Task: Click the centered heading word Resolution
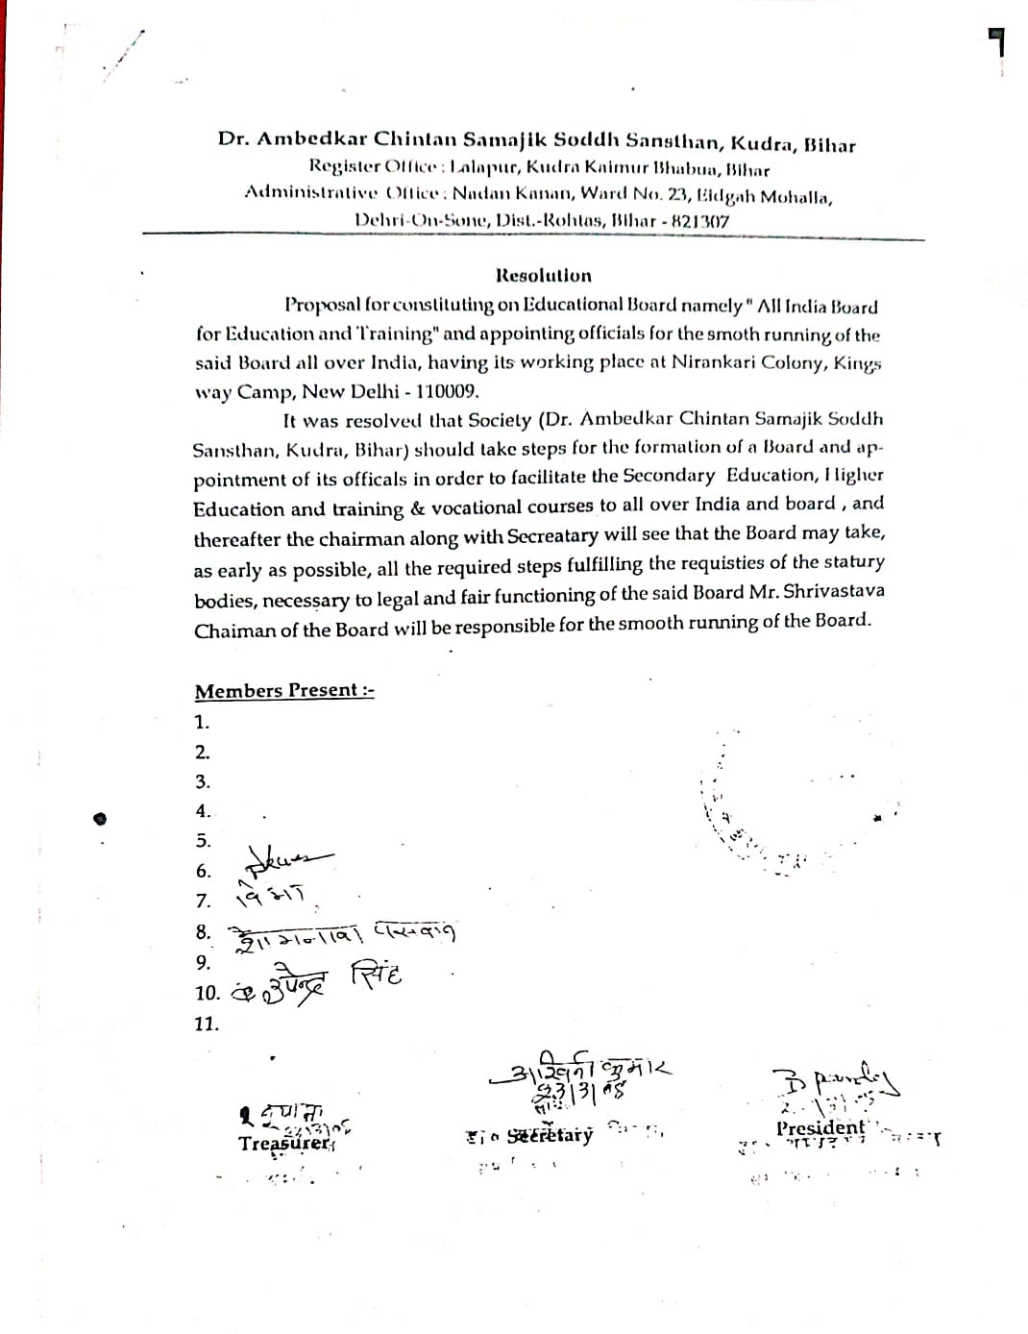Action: click(544, 276)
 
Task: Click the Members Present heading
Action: click(283, 690)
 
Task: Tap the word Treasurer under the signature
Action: click(284, 1143)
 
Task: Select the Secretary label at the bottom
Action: click(550, 1135)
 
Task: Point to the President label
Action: click(820, 1127)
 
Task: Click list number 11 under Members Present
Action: click(207, 1024)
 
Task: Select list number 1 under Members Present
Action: click(202, 722)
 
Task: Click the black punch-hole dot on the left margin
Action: click(99, 819)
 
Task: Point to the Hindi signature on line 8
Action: click(341, 933)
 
